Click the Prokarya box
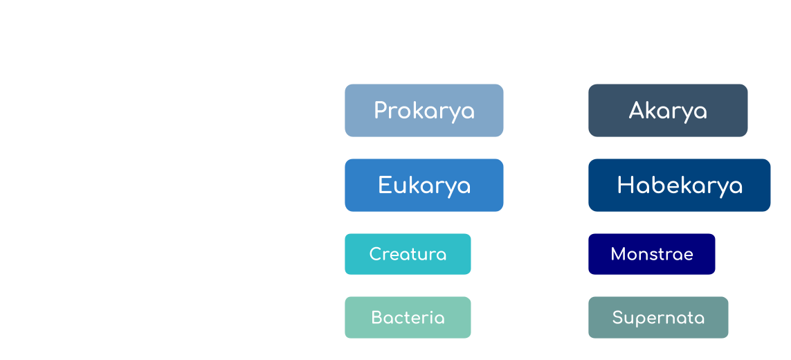(x=424, y=111)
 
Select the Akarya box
(x=668, y=111)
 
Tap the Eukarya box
(x=424, y=185)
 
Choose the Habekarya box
(x=679, y=185)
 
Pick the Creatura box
(x=408, y=254)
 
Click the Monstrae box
(x=651, y=254)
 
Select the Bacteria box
(x=408, y=317)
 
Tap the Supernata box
(x=658, y=318)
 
